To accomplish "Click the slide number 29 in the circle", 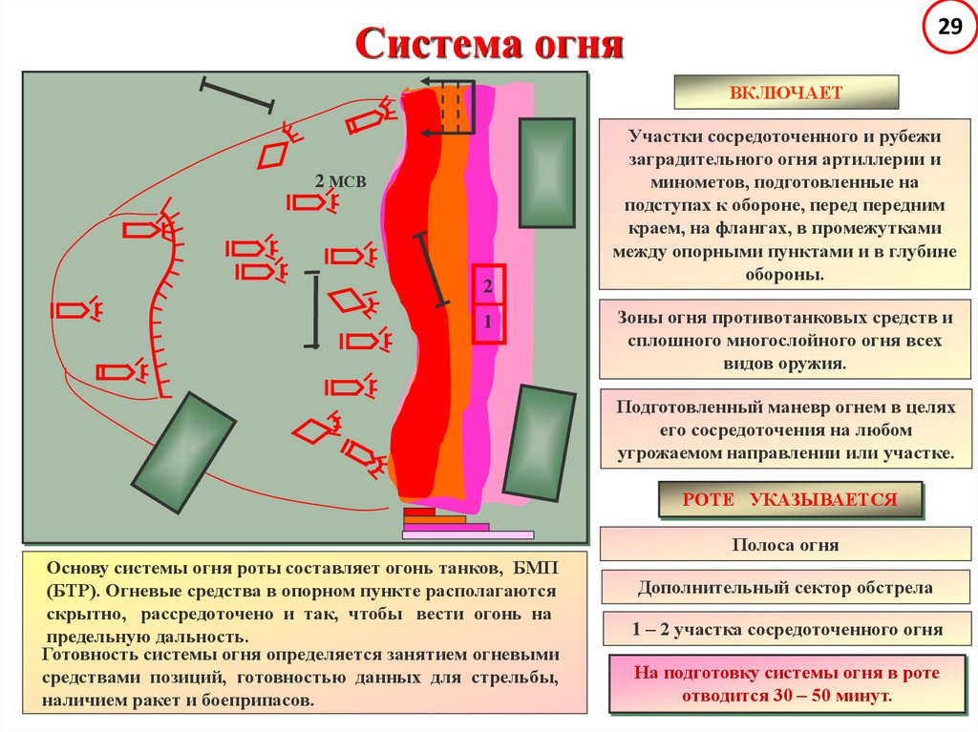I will (949, 27).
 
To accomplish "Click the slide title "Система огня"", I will (489, 45).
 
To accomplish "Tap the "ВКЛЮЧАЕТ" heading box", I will (786, 93).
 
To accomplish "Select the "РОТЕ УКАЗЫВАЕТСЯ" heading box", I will (790, 499).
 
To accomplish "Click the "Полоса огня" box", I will (785, 545).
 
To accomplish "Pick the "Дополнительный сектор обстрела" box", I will (785, 588).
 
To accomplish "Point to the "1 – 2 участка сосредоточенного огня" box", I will (785, 630).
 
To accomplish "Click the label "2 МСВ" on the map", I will (340, 182).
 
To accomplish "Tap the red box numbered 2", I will (488, 285).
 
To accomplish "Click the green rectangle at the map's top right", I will (546, 173).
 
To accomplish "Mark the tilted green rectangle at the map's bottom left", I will (183, 452).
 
